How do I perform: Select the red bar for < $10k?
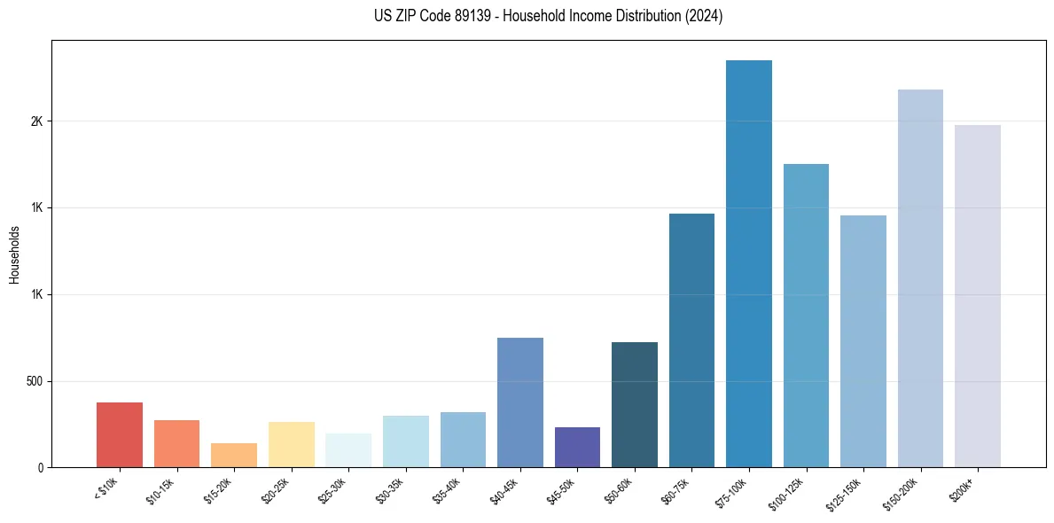(x=120, y=434)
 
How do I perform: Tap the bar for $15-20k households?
(x=234, y=455)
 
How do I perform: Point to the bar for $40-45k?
(x=520, y=402)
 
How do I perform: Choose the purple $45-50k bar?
(x=577, y=447)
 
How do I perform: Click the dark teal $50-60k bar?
(x=635, y=404)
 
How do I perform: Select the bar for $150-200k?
(x=920, y=278)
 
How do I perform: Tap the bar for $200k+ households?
(x=978, y=296)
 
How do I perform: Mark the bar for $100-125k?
(x=806, y=316)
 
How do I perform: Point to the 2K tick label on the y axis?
(x=36, y=121)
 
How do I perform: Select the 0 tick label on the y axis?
(x=40, y=468)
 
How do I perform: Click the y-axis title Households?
(x=14, y=254)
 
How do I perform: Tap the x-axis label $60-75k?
(x=677, y=489)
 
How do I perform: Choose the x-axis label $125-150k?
(x=847, y=492)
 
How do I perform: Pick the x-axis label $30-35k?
(x=391, y=489)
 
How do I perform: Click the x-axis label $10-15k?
(x=162, y=489)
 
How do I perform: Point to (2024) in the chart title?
(x=704, y=16)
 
